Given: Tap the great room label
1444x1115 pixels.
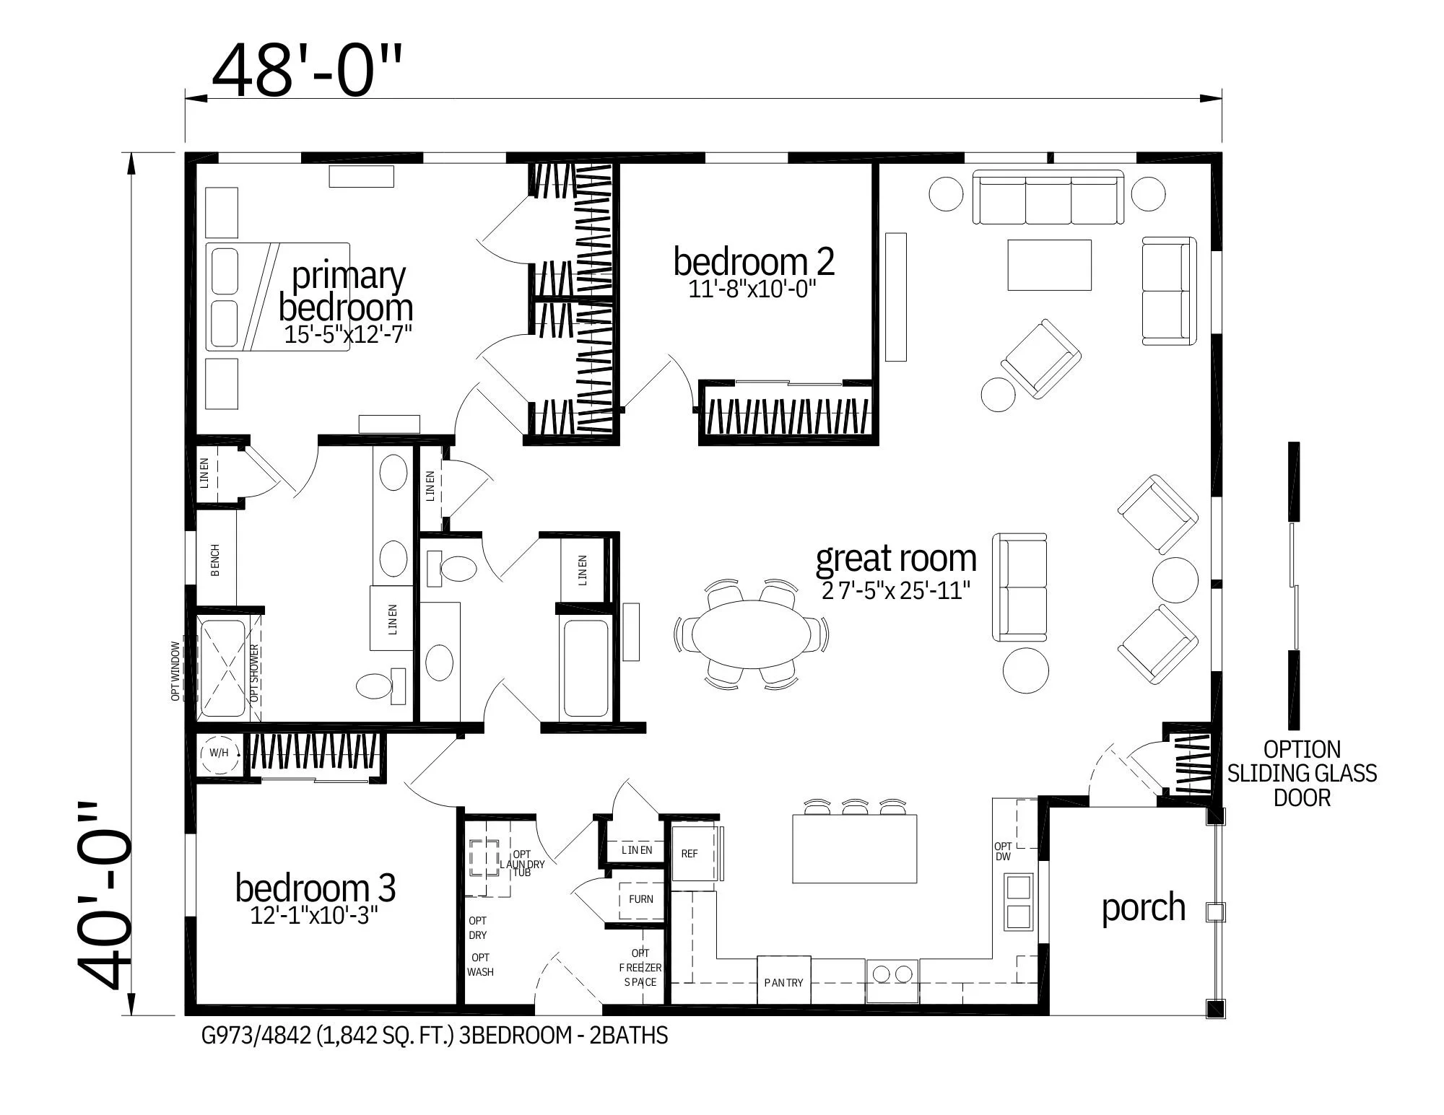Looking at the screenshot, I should pos(895,559).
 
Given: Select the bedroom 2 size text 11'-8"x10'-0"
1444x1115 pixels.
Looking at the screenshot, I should pos(752,289).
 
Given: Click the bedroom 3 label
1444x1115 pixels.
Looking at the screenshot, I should pos(316,888).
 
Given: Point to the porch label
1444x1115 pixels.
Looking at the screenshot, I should pos(1143,907).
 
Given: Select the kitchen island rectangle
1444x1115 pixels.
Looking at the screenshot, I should pos(854,849).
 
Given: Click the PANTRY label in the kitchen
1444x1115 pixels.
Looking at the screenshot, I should pos(783,982).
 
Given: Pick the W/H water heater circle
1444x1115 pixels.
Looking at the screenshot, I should pos(219,753).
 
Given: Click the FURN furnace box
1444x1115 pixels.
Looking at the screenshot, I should pos(640,899).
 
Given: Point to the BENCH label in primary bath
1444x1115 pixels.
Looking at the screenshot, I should pos(215,561).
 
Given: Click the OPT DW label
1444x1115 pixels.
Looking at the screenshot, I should pos(1003,852).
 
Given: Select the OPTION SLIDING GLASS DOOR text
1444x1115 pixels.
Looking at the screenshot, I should pos(1302,774).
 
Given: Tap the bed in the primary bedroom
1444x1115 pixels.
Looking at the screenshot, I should pos(278,297).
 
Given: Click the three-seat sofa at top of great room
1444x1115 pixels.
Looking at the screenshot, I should pos(1048,198).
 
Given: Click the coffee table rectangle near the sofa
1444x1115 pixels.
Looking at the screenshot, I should pos(1048,266).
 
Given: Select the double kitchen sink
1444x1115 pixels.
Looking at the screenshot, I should pos(1019,902).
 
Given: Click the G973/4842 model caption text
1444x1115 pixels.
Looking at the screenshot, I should pos(433,1036).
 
